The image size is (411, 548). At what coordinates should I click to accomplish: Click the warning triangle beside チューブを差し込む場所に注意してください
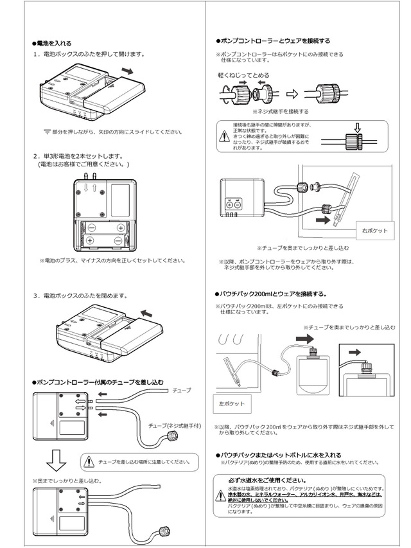pyautogui.click(x=89, y=461)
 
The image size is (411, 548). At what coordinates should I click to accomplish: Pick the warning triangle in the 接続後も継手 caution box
pyautogui.click(x=224, y=136)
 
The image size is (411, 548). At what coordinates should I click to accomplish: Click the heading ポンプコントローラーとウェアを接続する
pyautogui.click(x=277, y=40)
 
